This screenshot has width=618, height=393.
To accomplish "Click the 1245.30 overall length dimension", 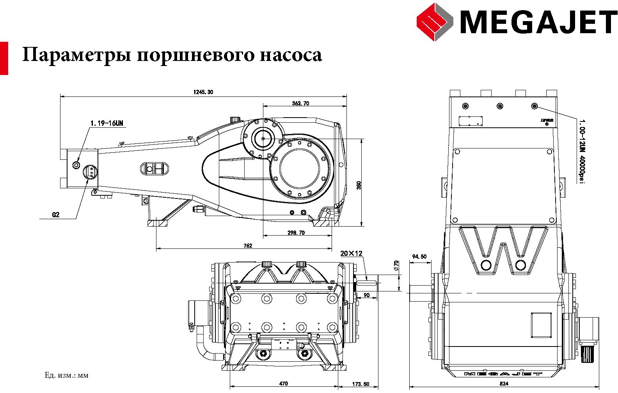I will (203, 92).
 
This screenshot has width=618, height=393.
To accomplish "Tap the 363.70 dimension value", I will (300, 104).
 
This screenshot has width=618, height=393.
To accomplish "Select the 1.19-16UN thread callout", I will (107, 123).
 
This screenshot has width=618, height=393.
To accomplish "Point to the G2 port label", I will (56, 214).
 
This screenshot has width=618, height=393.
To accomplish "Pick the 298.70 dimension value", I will (296, 232).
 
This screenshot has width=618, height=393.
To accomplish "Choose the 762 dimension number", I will (248, 246).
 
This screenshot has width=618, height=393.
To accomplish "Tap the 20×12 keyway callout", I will (351, 253).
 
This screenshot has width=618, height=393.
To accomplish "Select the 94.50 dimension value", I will (419, 257).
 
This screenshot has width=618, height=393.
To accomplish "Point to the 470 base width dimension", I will (284, 383).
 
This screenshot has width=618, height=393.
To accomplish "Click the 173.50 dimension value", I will (360, 384).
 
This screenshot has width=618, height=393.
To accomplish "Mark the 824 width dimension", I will (504, 383).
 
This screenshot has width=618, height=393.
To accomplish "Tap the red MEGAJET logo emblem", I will (434, 21).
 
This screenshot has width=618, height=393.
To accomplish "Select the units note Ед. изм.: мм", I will (67, 376).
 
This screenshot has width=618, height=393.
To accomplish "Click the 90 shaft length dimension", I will (366, 295).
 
